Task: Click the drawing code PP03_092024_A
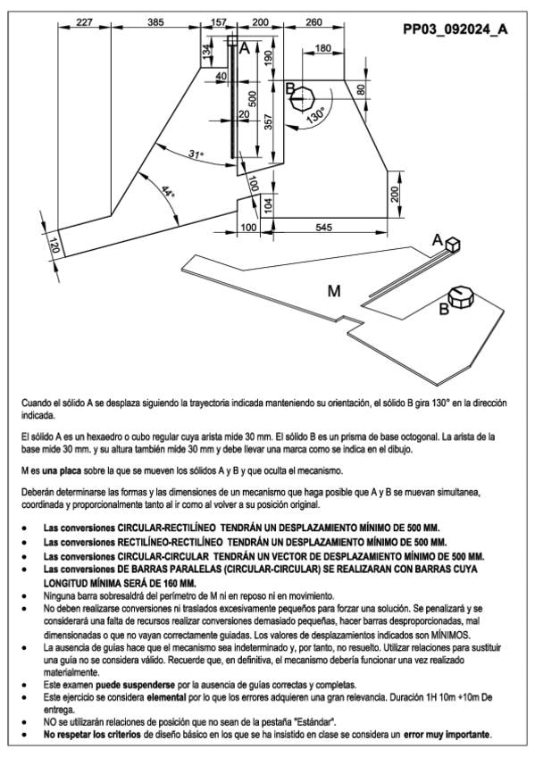pyautogui.click(x=456, y=29)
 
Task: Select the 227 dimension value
pyautogui.click(x=85, y=22)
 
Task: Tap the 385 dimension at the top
pyautogui.click(x=155, y=22)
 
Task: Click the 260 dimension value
pyautogui.click(x=313, y=22)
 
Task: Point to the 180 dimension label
pyautogui.click(x=322, y=48)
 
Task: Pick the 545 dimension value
pyautogui.click(x=323, y=227)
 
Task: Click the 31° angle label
pyautogui.click(x=196, y=154)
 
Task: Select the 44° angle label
pyautogui.click(x=167, y=191)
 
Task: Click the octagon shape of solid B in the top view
pyautogui.click(x=302, y=99)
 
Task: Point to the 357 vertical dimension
pyautogui.click(x=269, y=121)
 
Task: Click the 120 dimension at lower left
pyautogui.click(x=54, y=245)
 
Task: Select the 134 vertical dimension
pyautogui.click(x=207, y=50)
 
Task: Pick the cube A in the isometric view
pyautogui.click(x=453, y=245)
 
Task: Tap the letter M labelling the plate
pyautogui.click(x=334, y=291)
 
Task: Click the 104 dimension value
pyautogui.click(x=269, y=205)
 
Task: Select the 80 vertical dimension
pyautogui.click(x=361, y=89)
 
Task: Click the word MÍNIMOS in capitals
pyautogui.click(x=449, y=635)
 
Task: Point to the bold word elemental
pyautogui.click(x=167, y=697)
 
